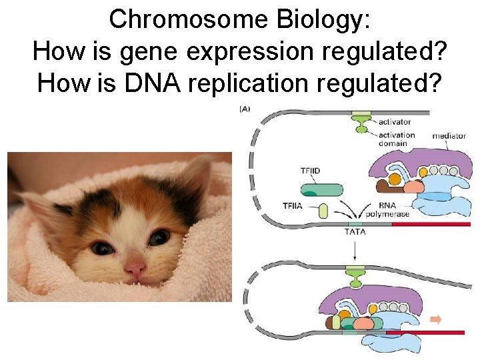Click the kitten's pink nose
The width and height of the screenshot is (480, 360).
[135, 270]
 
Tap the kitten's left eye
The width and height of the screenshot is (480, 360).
[101, 248]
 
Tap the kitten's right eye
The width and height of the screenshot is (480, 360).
[159, 237]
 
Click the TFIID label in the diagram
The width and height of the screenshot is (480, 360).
[309, 171]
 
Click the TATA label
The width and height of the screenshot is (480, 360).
[355, 232]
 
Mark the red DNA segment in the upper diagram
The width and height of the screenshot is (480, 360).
[431, 224]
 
